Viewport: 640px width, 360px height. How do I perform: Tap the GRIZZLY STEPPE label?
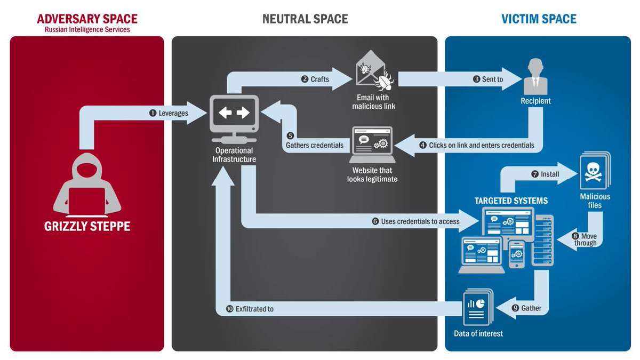[x=87, y=226]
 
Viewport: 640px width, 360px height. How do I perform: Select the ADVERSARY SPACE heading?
[x=87, y=19]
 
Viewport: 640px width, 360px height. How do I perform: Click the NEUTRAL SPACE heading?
[x=305, y=19]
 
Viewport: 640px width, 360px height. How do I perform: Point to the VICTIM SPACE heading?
[x=539, y=19]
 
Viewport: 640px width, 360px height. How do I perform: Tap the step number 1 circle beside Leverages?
[x=152, y=113]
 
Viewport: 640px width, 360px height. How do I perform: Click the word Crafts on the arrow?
[x=319, y=79]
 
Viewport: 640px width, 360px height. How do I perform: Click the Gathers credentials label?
[x=315, y=145]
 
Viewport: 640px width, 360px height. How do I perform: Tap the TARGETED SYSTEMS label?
[x=511, y=201]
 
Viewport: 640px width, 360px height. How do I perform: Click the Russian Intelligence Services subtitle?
[x=87, y=30]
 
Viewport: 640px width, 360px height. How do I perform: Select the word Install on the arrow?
[x=550, y=174]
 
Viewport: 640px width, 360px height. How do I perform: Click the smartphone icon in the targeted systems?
[x=516, y=255]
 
